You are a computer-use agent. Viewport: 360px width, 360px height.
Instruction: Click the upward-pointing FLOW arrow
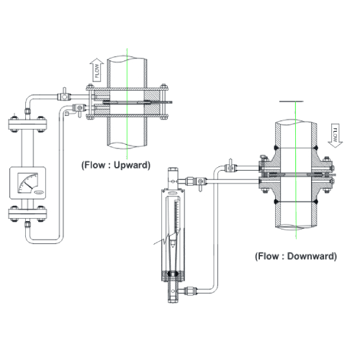[96, 70]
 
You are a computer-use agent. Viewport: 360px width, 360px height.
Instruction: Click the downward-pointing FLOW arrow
[335, 135]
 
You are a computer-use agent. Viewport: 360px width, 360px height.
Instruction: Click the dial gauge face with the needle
[28, 183]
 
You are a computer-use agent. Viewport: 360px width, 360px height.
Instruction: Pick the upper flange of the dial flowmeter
[28, 125]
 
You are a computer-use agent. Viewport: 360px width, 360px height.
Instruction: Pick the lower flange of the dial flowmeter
[28, 214]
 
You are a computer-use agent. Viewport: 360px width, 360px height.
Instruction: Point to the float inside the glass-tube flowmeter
[173, 244]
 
